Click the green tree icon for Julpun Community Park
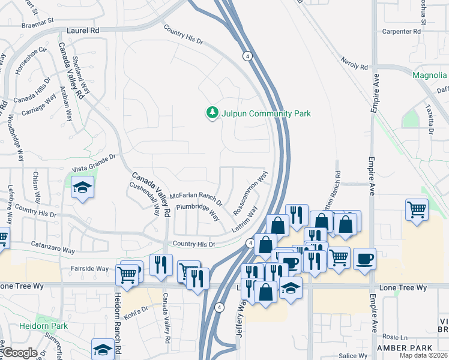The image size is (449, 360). (211, 113)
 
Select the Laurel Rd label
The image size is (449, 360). (83, 29)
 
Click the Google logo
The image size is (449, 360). (20, 353)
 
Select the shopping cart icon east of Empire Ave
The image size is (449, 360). (417, 210)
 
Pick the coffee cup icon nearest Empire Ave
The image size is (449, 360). (364, 259)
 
